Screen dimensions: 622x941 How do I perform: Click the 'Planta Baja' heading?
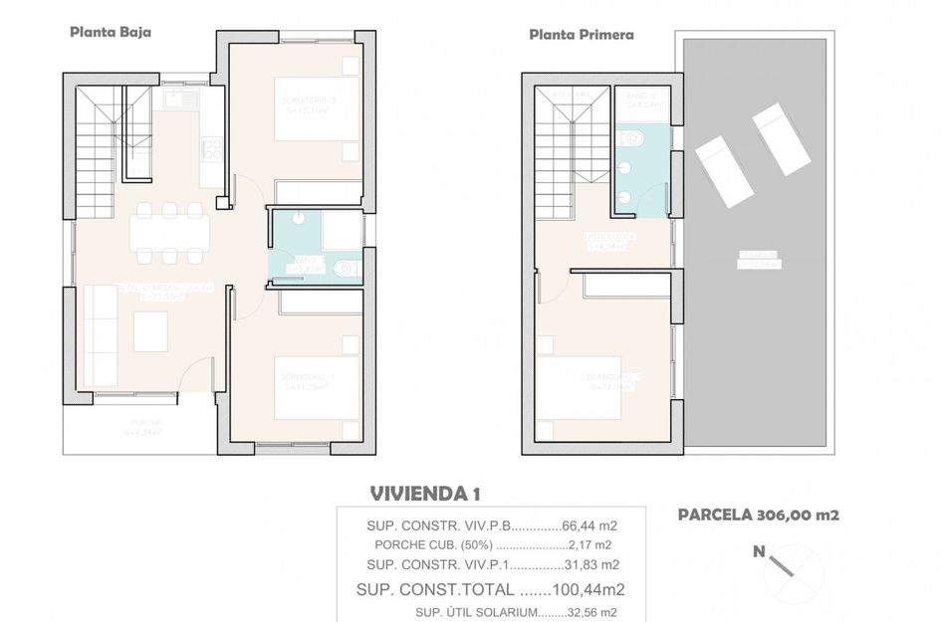coord(110,32)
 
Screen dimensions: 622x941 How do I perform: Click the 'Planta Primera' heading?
coord(582,34)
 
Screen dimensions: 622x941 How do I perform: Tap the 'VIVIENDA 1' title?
coord(425,493)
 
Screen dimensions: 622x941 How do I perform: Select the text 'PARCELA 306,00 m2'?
coord(759,515)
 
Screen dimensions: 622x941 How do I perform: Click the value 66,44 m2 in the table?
coord(587,525)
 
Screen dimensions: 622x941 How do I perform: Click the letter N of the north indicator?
coord(759,551)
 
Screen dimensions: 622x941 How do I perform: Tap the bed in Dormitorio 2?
coord(317,109)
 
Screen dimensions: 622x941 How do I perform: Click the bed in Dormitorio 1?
coord(316,387)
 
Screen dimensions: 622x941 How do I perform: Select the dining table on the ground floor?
coord(169,233)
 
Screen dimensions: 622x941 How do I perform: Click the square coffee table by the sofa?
coord(150,331)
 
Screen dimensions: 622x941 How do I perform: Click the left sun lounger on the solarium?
coord(724,172)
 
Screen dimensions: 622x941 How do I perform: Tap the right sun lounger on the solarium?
coord(781,139)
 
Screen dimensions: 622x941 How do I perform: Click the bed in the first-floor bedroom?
coord(580,387)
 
